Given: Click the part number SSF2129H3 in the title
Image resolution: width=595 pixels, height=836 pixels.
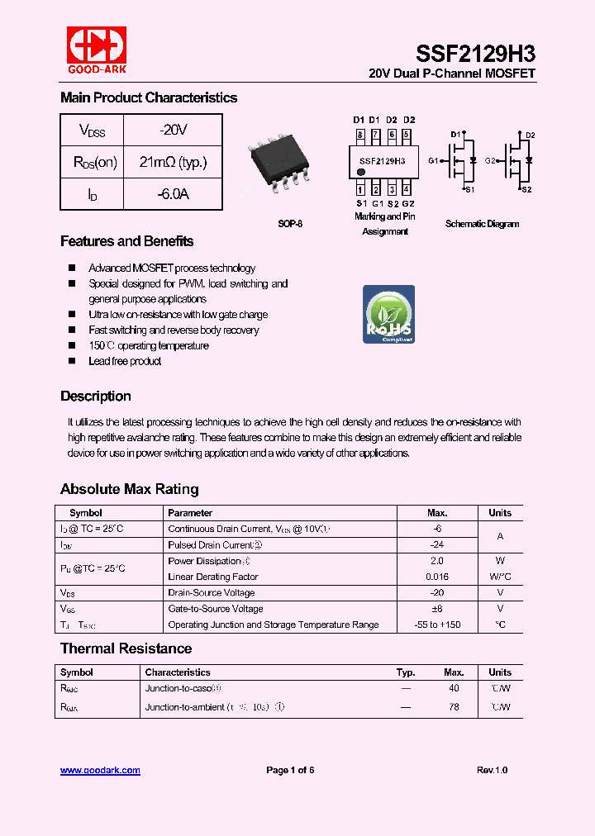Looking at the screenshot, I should [x=475, y=54].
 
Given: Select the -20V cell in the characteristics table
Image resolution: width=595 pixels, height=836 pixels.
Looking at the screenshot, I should [x=173, y=131].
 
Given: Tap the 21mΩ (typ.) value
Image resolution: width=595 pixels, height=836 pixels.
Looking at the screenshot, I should [x=173, y=162].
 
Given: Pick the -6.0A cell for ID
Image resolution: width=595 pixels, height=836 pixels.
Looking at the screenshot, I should [x=173, y=193].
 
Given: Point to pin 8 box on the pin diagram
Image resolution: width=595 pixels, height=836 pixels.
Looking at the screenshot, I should [x=359, y=135].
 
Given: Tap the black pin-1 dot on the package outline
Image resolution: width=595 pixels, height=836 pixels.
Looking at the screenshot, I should [x=360, y=173].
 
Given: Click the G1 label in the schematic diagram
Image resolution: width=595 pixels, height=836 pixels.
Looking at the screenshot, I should [x=432, y=160].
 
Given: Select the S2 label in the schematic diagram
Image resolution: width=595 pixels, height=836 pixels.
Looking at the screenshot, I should [x=526, y=189].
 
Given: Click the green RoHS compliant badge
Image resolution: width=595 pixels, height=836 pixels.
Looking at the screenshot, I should [x=388, y=315].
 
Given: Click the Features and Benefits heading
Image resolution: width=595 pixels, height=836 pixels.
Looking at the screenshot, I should [x=127, y=241].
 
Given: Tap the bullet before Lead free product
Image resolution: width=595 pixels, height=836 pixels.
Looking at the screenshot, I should [x=71, y=361].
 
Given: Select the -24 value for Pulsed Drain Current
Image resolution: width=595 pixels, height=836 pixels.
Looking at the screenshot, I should [x=437, y=545].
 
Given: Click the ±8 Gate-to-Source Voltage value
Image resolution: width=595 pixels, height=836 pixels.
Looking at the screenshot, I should [x=437, y=609].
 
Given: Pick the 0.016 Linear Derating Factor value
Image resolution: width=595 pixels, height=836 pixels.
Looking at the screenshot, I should [x=437, y=577].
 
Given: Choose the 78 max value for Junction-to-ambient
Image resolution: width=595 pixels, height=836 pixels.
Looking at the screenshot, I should [x=454, y=707].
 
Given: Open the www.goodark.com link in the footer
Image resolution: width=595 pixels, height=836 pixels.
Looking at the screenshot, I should [x=100, y=770].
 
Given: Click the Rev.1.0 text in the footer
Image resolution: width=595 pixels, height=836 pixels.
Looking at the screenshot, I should [x=492, y=770].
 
